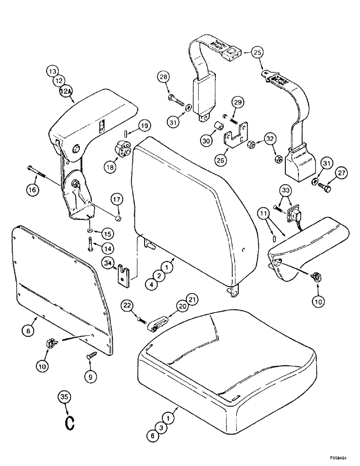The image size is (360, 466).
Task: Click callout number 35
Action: (x=64, y=397)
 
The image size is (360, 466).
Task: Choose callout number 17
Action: (x=118, y=200)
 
